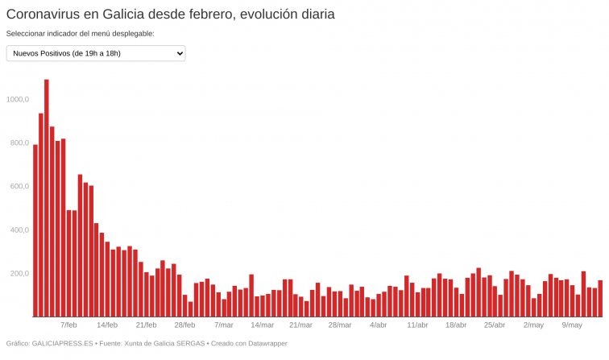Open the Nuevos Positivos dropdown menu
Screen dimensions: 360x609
tap(96, 53)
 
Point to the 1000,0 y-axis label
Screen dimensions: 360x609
tap(17, 99)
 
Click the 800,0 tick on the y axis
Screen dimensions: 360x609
tap(18, 143)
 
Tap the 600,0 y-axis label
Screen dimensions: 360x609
tap(18, 186)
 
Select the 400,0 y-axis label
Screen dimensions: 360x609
tap(18, 230)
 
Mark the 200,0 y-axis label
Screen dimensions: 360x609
tap(18, 273)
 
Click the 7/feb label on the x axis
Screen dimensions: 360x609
tap(68, 325)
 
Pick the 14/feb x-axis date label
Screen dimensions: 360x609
tap(107, 325)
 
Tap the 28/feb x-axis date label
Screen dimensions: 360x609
tap(184, 325)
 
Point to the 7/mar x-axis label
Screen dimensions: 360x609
tap(223, 325)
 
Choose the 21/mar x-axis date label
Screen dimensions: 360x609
tap(300, 325)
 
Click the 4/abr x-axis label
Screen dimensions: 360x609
tap(378, 325)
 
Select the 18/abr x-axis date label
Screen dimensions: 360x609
tap(456, 325)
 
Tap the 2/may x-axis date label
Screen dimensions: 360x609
tap(533, 325)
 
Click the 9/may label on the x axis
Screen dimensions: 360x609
tap(572, 325)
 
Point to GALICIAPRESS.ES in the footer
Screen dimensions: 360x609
tap(60, 344)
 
